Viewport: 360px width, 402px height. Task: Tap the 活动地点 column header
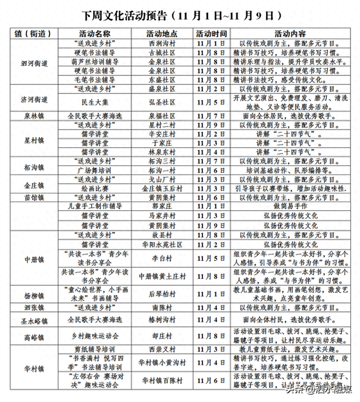[161, 33]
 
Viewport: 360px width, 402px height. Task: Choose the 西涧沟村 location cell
[161, 43]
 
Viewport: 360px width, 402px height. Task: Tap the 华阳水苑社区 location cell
[161, 245]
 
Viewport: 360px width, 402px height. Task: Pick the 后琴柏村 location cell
[161, 294]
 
